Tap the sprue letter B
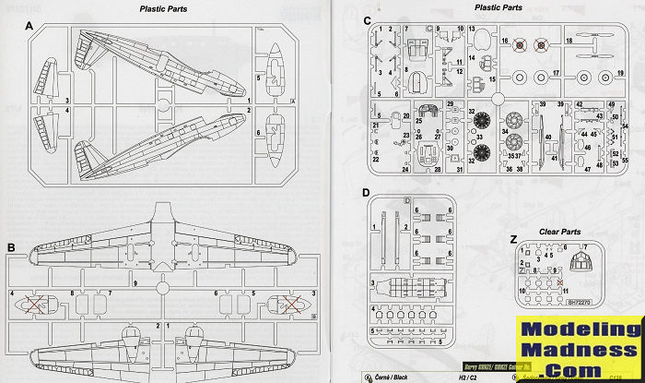[11, 248]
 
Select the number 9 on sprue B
[135, 282]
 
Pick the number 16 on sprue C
[505, 42]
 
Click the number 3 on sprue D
[371, 283]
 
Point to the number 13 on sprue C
[471, 29]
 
